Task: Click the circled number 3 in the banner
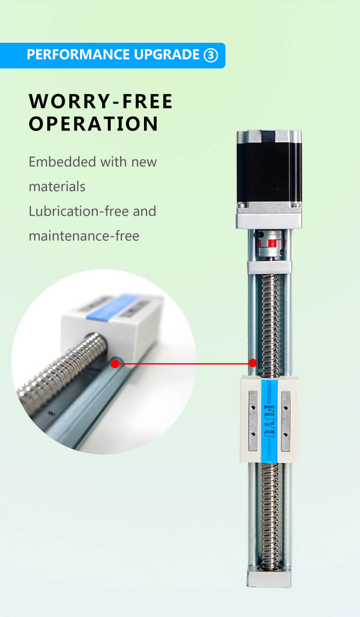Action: click(x=211, y=55)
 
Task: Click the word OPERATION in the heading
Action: click(x=94, y=124)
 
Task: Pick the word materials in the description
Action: click(x=57, y=186)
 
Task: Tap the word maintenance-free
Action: click(x=84, y=236)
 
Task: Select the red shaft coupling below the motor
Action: click(x=269, y=244)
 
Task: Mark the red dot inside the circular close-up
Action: click(x=115, y=363)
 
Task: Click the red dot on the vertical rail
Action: click(x=253, y=363)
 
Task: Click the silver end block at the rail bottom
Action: click(x=269, y=576)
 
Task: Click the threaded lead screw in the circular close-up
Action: click(x=63, y=374)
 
